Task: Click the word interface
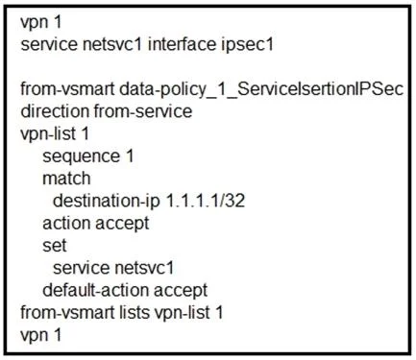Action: click(x=182, y=44)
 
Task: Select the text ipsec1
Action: click(x=247, y=45)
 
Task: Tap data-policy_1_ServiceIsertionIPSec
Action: click(x=261, y=89)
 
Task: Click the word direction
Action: click(x=55, y=111)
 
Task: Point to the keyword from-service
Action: click(x=143, y=111)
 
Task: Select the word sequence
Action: click(x=81, y=156)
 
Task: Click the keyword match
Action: click(x=66, y=179)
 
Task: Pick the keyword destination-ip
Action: click(x=107, y=202)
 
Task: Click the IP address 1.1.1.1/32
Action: click(x=206, y=201)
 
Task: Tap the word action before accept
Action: click(x=66, y=223)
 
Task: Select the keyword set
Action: click(x=55, y=246)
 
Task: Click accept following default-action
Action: click(x=181, y=291)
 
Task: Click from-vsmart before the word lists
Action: click(x=67, y=313)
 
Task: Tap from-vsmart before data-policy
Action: click(x=67, y=89)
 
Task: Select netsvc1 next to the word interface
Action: click(x=112, y=44)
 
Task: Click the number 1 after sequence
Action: click(x=130, y=156)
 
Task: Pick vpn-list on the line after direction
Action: click(x=48, y=133)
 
